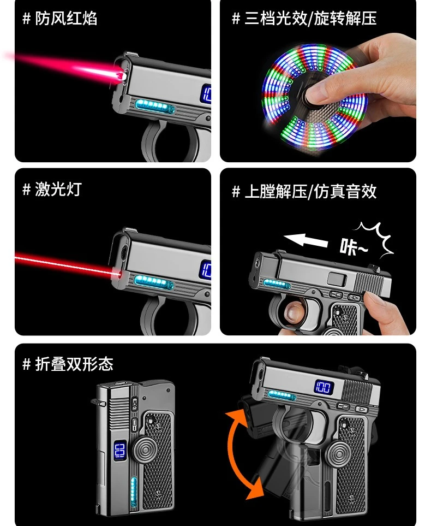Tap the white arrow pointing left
point(306,240)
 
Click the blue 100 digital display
point(323,388)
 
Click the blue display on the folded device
point(119,451)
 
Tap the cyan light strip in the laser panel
point(153,282)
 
